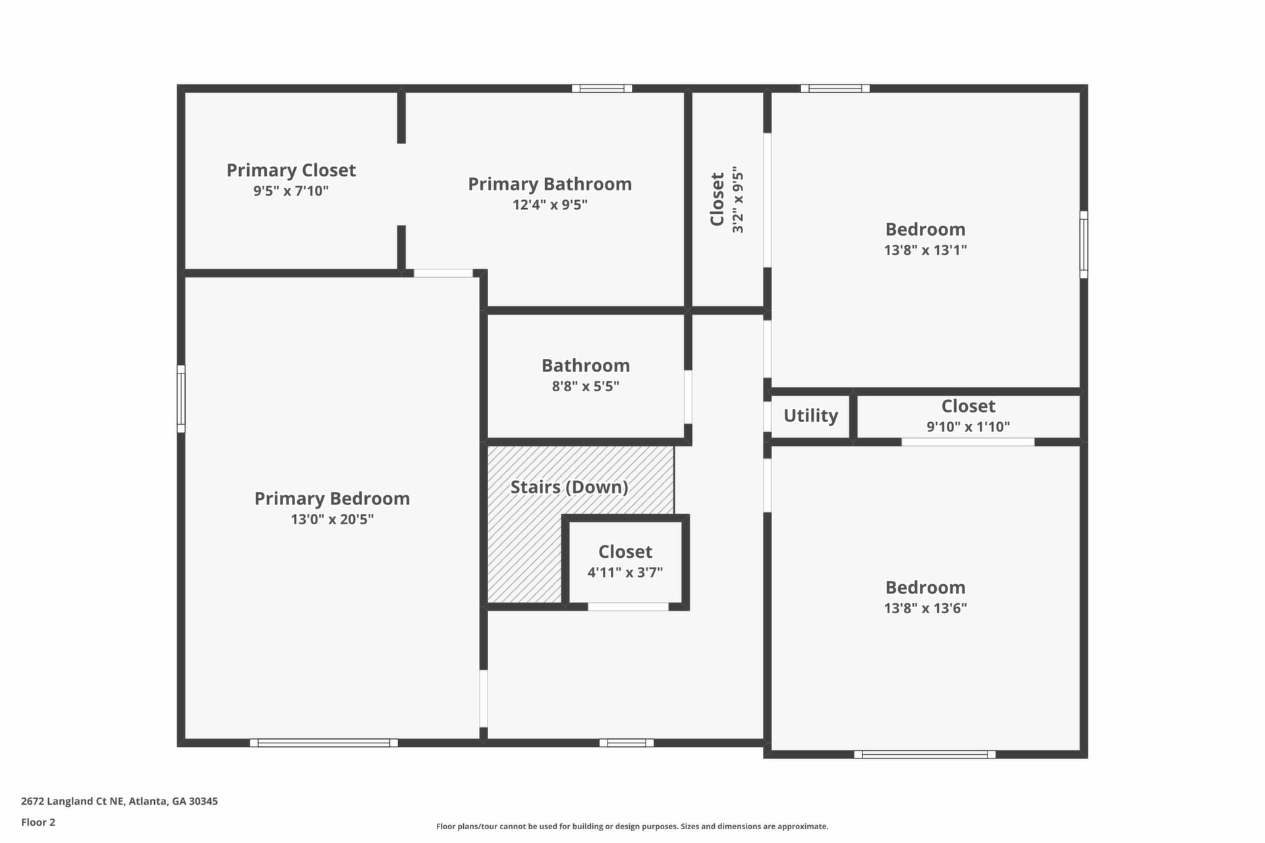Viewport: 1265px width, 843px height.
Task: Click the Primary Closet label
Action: click(x=291, y=170)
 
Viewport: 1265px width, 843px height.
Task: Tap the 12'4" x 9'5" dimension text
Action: click(x=550, y=205)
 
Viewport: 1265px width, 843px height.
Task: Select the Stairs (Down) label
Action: click(x=569, y=487)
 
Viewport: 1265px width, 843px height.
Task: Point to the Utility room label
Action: click(x=810, y=416)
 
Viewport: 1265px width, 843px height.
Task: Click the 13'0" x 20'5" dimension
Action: click(x=332, y=520)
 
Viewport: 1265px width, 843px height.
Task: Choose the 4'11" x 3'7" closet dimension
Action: click(x=625, y=572)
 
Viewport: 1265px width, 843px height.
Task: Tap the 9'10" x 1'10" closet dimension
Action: click(x=968, y=427)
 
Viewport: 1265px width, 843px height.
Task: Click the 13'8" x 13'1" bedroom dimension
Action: click(x=926, y=250)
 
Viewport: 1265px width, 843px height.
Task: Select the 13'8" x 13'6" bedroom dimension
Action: click(x=926, y=608)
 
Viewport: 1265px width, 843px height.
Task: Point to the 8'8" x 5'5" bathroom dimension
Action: click(x=586, y=387)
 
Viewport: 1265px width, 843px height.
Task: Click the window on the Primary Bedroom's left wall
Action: click(x=181, y=399)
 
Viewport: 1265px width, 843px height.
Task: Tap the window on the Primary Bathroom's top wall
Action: click(x=602, y=88)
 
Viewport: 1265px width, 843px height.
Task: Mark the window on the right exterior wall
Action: click(x=1084, y=244)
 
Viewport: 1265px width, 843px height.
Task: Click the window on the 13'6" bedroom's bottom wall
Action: click(x=925, y=755)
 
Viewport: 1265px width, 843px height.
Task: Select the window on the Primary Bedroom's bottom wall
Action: click(x=324, y=743)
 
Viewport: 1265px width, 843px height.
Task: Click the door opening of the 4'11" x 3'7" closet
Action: click(x=628, y=607)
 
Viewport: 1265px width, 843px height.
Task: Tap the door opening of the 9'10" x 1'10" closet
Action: click(x=968, y=442)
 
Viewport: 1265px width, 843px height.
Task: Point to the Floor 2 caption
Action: click(x=38, y=822)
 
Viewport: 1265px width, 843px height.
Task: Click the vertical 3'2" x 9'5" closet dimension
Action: click(x=738, y=200)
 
